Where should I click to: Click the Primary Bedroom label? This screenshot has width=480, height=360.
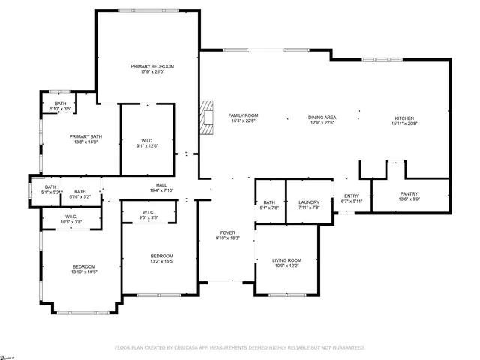(147, 67)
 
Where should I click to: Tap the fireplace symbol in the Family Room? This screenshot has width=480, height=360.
(207, 116)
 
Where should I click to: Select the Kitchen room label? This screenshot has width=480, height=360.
(403, 118)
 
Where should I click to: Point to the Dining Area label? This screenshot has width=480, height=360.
(322, 118)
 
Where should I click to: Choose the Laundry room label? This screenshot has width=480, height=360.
(309, 202)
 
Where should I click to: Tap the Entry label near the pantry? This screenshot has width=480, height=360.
(352, 196)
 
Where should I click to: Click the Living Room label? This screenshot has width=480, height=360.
(286, 260)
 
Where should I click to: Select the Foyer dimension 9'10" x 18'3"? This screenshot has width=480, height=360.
(228, 238)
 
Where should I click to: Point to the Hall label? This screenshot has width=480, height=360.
(161, 185)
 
